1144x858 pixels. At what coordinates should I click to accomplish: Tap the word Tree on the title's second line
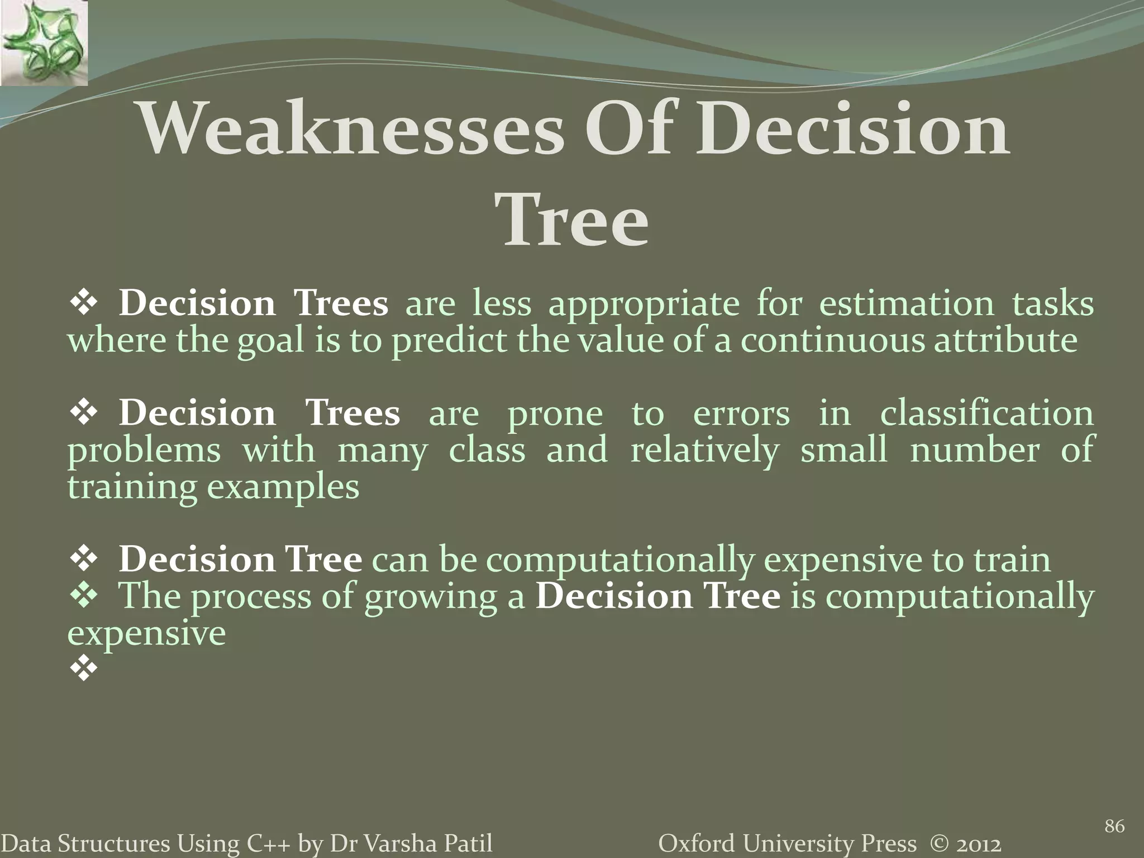tap(575, 222)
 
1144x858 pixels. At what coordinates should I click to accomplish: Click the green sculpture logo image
tap(44, 42)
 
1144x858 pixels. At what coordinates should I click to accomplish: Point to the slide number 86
tap(1114, 826)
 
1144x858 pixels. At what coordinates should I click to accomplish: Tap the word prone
tap(555, 413)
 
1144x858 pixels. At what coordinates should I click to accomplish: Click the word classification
tap(986, 413)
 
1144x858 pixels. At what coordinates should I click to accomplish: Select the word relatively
tap(704, 450)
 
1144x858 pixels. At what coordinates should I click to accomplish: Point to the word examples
tap(283, 487)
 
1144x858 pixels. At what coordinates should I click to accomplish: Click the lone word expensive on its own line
tap(146, 633)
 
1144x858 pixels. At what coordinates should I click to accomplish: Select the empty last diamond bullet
tap(84, 669)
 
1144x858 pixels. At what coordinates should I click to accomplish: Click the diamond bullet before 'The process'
tap(84, 595)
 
